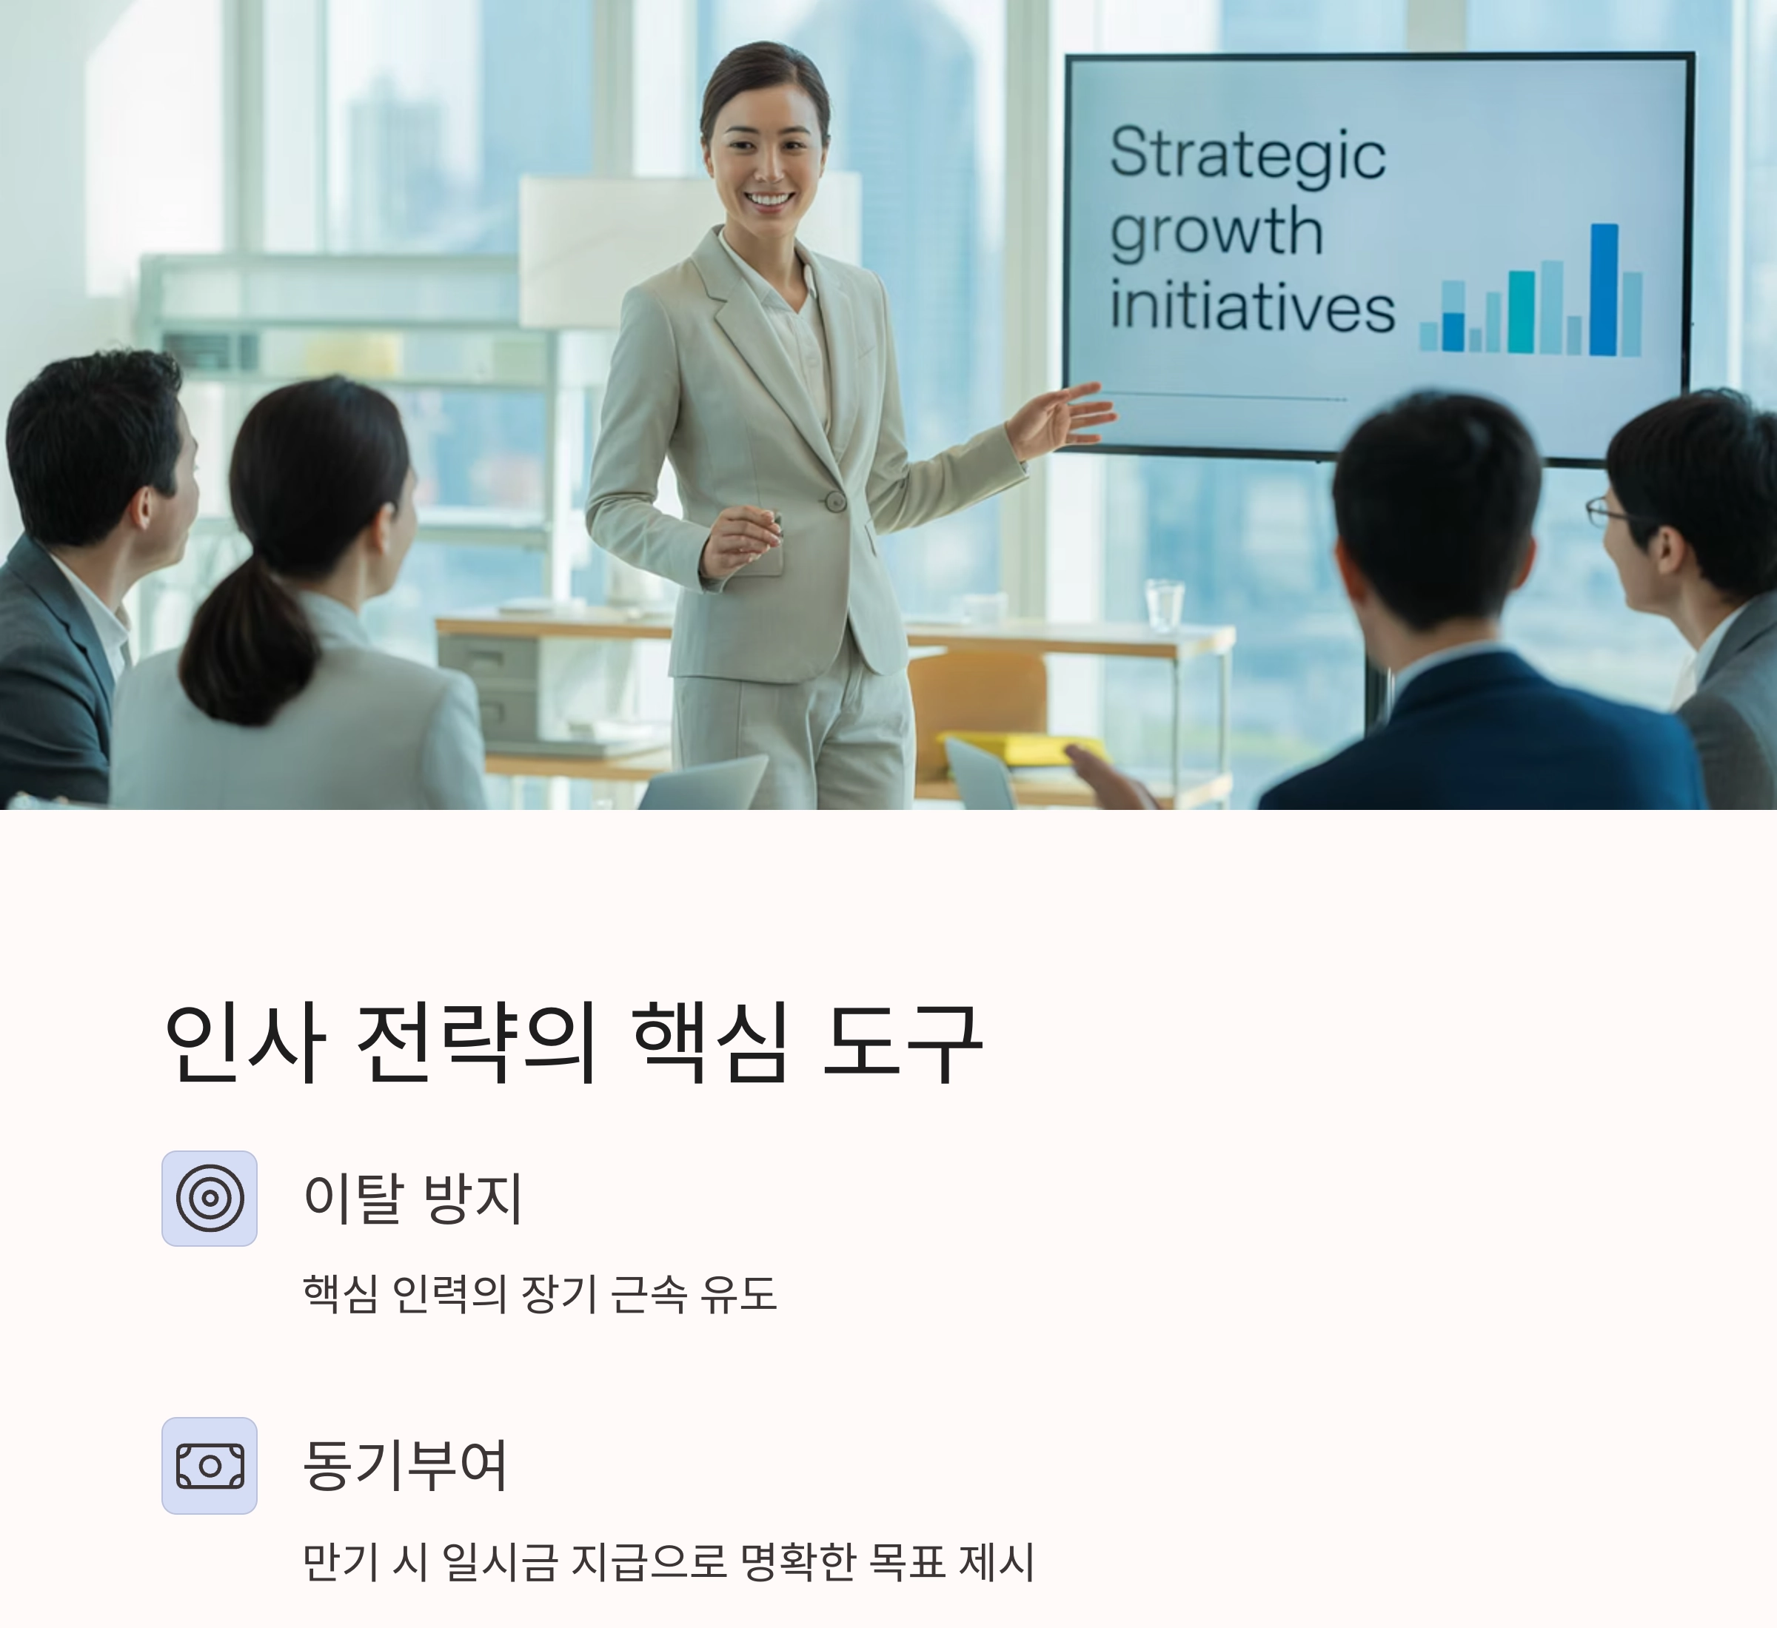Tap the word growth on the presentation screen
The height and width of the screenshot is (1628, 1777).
pyautogui.click(x=1217, y=232)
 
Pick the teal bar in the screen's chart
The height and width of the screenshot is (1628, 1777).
pyautogui.click(x=1522, y=311)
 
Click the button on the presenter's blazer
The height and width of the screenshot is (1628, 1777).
pyautogui.click(x=834, y=501)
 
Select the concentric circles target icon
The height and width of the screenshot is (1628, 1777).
pyautogui.click(x=210, y=1198)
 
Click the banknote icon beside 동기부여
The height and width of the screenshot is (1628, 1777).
pyautogui.click(x=210, y=1466)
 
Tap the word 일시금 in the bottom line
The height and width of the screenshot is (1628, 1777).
pyautogui.click(x=499, y=1561)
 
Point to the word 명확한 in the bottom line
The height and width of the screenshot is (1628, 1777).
pyautogui.click(x=797, y=1561)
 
